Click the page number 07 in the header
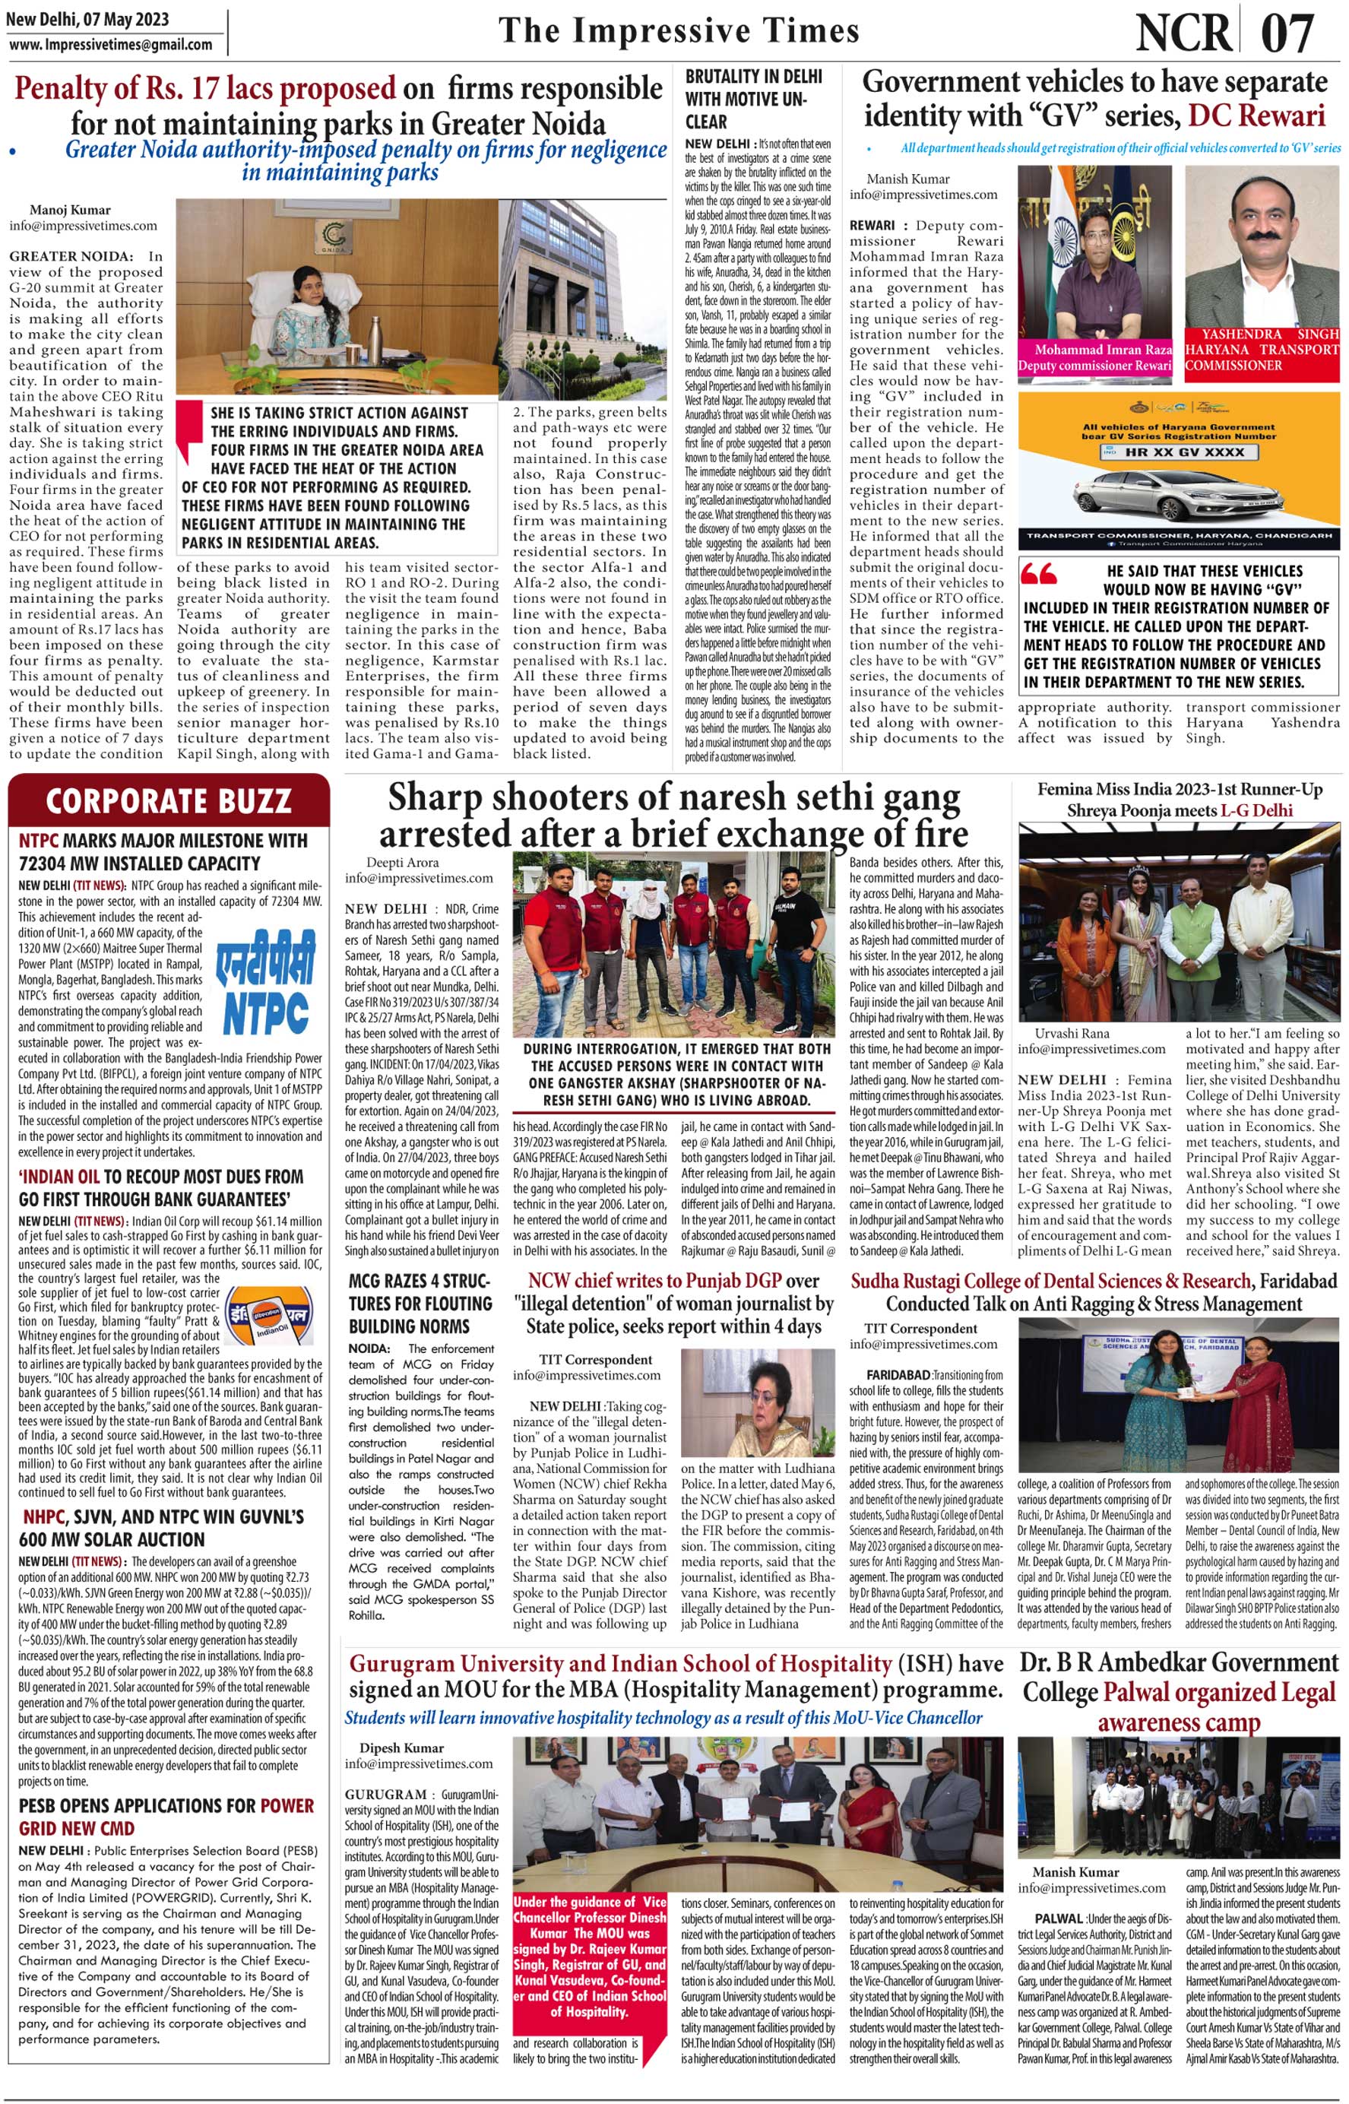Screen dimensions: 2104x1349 coord(1287,33)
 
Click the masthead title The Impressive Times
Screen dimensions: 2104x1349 coord(679,31)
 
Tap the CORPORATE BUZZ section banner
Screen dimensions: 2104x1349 coord(168,800)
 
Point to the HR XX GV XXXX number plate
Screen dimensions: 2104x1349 coord(1172,452)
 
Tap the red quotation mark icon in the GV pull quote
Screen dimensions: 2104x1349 coord(1039,575)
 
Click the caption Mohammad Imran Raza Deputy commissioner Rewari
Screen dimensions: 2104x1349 coord(1094,357)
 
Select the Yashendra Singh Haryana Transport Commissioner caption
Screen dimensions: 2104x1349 coord(1262,350)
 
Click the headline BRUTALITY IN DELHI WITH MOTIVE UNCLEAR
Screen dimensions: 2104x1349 coord(754,99)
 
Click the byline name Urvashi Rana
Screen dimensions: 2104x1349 coord(1072,1034)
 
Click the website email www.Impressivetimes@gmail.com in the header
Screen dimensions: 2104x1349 coord(110,45)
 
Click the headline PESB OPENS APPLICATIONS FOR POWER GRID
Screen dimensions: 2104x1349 coord(166,1817)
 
